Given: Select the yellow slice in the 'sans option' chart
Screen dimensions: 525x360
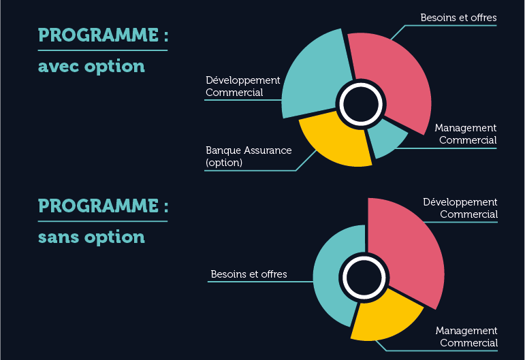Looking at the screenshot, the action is [x=385, y=318].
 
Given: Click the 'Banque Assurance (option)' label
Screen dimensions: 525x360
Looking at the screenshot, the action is [x=249, y=157].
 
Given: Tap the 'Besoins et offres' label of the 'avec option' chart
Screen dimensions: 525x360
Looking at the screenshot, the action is [x=458, y=18].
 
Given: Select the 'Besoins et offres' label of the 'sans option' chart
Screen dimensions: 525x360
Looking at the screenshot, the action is [x=249, y=274].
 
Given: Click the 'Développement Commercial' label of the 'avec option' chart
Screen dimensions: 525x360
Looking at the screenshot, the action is [x=242, y=86].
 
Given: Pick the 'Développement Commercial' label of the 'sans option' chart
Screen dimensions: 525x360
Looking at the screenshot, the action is [x=460, y=208].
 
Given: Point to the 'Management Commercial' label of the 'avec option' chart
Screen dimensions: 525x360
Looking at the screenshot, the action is [x=466, y=134].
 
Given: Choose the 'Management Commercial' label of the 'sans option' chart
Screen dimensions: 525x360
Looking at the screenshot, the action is [x=466, y=337].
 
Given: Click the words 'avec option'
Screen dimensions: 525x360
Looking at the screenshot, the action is [x=91, y=66].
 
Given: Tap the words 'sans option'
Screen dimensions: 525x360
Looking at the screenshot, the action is [x=91, y=238].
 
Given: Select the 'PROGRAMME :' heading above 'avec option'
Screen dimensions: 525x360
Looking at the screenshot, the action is [x=103, y=35].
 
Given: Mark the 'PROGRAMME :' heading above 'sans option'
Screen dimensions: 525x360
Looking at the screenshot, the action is [x=103, y=206].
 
